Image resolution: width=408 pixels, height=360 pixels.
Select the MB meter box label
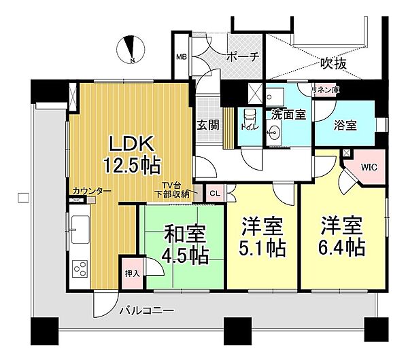(x=181, y=57)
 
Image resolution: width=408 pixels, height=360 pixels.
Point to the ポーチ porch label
(x=243, y=57)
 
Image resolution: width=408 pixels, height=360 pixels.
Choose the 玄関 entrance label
(x=207, y=125)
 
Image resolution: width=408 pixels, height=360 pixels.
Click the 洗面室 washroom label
(x=288, y=114)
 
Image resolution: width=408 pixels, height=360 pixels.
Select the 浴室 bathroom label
(x=346, y=125)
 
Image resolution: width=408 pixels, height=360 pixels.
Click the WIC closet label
(x=369, y=166)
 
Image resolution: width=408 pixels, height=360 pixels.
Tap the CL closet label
(x=214, y=194)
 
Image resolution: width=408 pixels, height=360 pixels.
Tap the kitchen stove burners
(x=79, y=268)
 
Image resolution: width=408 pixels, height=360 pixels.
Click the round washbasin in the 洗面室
(x=276, y=134)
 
